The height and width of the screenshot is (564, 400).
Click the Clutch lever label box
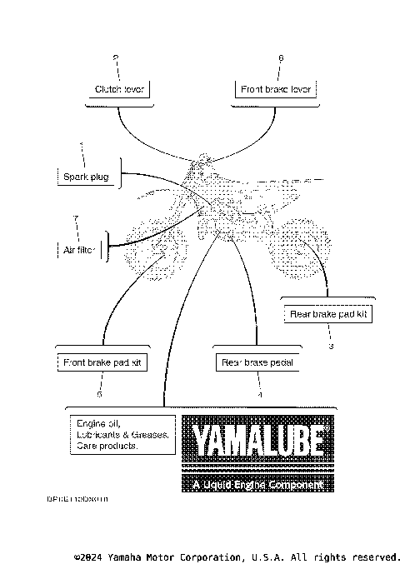119,88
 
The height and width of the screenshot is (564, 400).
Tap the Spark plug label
86,177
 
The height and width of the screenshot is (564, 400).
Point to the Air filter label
80,248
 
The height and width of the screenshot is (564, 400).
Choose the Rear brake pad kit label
327,314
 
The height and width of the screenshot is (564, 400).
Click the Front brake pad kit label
103,362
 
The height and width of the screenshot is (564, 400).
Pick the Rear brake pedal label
257,362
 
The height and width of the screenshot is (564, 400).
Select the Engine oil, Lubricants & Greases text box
120,433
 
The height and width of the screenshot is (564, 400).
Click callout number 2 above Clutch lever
116,57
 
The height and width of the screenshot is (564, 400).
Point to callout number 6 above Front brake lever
281,57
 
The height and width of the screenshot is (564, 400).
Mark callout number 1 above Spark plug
82,146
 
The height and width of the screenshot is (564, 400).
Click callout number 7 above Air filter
76,218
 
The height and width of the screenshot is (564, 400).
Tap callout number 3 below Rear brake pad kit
331,345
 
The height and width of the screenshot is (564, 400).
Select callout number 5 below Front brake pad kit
99,393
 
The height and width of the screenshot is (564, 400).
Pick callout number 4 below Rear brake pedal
259,393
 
